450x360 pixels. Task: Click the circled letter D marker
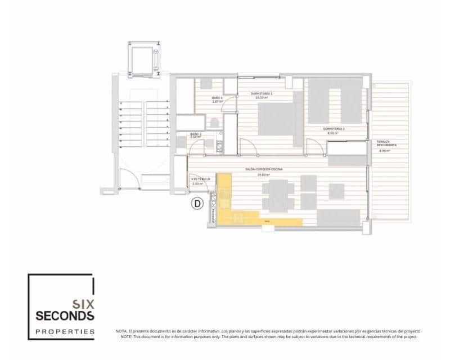coord(197,204)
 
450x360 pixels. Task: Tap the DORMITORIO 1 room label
coord(261,94)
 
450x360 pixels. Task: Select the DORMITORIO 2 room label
coord(334,129)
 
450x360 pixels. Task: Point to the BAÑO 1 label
coord(218,98)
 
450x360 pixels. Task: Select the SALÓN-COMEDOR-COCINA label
coord(263,169)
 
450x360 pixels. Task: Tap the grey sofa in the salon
coord(338,217)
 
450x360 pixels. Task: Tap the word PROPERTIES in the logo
coord(65,332)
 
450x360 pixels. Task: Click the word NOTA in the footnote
coord(121,331)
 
